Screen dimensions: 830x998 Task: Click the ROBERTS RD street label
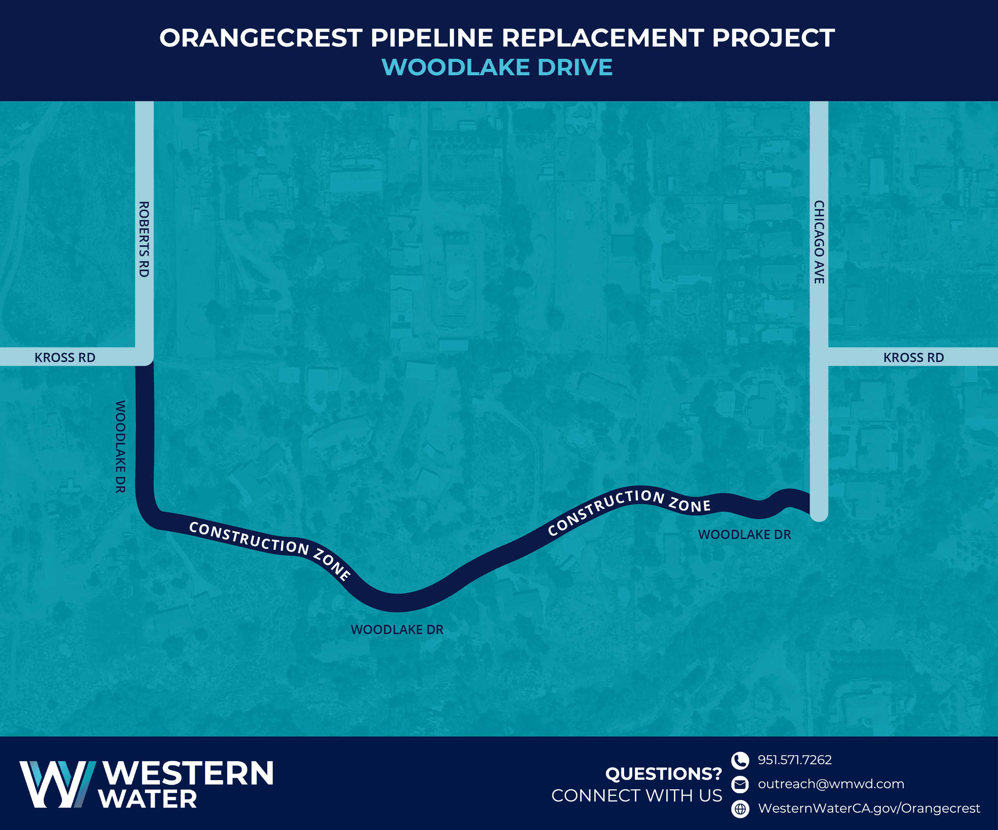tap(144, 239)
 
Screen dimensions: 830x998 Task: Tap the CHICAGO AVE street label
tap(819, 242)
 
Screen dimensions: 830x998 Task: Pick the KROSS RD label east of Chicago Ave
tap(914, 357)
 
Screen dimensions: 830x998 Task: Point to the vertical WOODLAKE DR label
tap(121, 446)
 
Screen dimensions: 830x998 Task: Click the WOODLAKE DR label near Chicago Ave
tap(744, 534)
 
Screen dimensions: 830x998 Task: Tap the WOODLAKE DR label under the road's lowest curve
tap(397, 629)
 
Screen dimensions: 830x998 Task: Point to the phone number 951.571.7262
tap(795, 760)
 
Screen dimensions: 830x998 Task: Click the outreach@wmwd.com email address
tap(831, 784)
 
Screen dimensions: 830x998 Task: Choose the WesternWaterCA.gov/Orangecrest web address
tap(869, 808)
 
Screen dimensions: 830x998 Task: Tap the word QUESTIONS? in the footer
tap(663, 774)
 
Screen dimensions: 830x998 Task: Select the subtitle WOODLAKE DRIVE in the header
tap(497, 67)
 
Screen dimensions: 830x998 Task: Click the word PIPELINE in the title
tap(431, 38)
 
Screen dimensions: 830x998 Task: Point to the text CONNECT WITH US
tap(636, 796)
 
